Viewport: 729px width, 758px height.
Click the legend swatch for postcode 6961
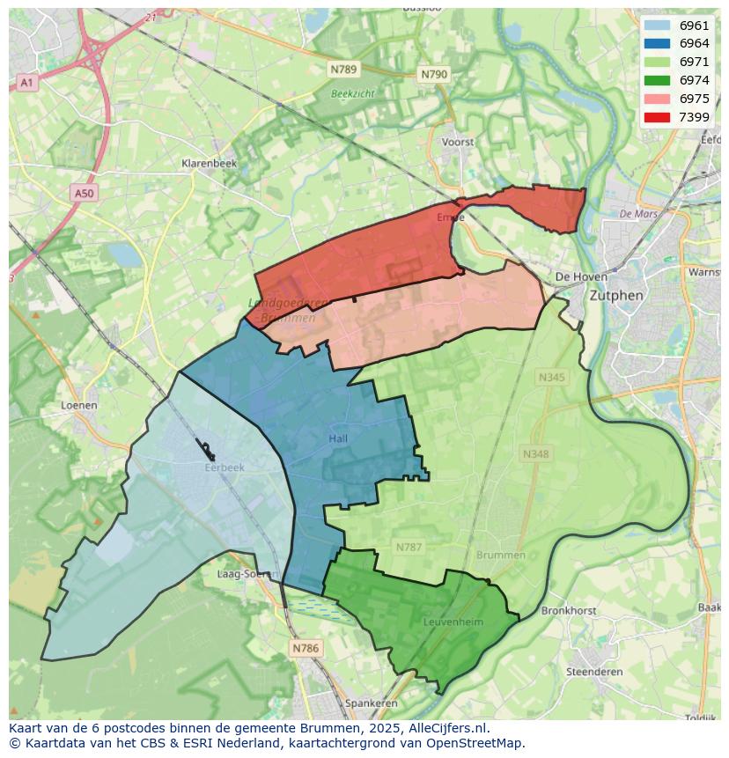tap(657, 26)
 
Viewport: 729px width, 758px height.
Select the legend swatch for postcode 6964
tap(657, 44)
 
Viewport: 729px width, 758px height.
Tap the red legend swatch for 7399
tap(657, 117)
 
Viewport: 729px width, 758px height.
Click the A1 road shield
tap(26, 83)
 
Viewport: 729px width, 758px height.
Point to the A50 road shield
tap(84, 194)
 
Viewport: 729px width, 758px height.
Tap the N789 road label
tap(343, 69)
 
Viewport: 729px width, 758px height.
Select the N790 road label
tap(434, 75)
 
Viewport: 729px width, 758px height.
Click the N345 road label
tap(552, 378)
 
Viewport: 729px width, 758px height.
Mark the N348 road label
tap(535, 454)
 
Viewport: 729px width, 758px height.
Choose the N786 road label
tap(305, 649)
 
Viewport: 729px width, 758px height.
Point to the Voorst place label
tap(458, 142)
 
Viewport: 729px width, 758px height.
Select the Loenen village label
tap(79, 406)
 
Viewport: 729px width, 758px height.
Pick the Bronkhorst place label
tap(569, 610)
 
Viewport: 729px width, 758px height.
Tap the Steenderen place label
tap(594, 672)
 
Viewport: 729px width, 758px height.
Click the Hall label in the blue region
tap(338, 438)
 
